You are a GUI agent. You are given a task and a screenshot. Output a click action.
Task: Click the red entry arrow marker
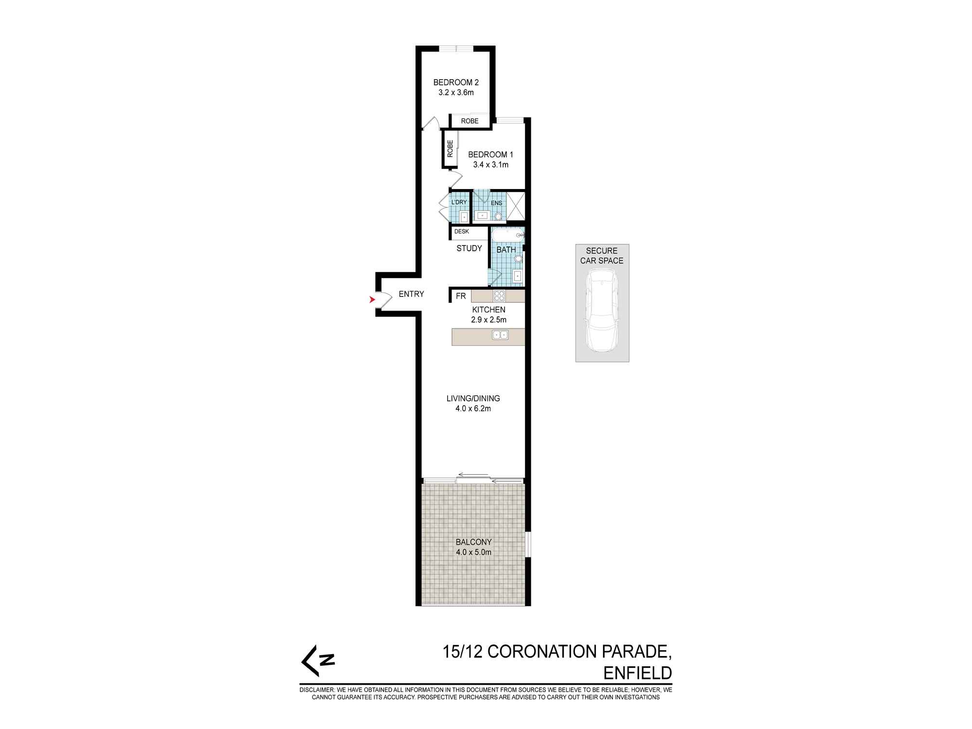coord(373,300)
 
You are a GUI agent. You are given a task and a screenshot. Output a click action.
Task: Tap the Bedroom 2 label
coord(456,83)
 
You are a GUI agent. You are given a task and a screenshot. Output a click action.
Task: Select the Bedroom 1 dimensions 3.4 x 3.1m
coord(491,165)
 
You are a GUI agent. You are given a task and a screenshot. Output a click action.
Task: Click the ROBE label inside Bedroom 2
coord(470,121)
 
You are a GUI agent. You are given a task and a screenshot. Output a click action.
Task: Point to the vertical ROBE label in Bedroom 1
coord(450,148)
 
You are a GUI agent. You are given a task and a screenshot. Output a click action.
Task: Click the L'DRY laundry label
coord(459,202)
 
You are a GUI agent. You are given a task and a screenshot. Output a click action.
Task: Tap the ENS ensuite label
coord(496,203)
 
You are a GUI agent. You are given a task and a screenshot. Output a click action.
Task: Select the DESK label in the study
coord(462,231)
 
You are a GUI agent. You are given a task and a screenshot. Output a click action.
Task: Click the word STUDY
coord(469,248)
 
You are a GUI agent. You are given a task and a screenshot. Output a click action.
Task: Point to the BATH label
coord(506,250)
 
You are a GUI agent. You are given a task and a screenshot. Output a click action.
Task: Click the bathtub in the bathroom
coord(508,235)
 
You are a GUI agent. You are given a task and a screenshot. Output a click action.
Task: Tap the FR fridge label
coord(461,296)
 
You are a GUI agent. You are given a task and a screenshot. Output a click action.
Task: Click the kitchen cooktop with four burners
coord(499,295)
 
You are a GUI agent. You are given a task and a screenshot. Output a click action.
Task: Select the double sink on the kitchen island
coord(500,334)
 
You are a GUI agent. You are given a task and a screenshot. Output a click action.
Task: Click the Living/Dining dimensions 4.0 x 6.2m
coord(473,409)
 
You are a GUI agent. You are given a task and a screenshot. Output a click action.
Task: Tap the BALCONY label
coord(473,542)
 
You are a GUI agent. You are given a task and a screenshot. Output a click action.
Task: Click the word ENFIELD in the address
coord(637,673)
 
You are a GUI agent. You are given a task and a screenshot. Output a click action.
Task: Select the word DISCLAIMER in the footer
coord(317,690)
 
